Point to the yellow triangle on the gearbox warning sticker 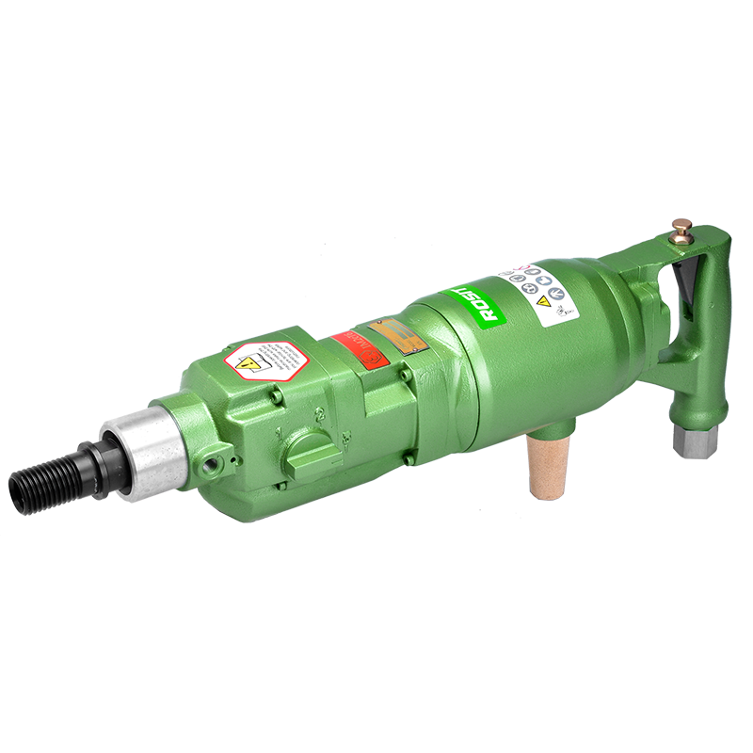tap(249, 362)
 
